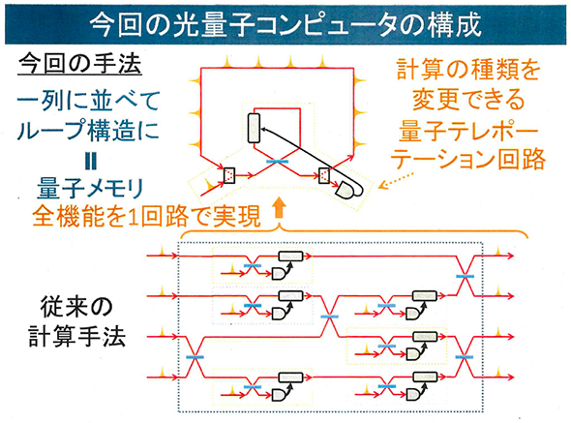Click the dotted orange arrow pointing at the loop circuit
pyautogui.click(x=396, y=181)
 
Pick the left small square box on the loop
pyautogui.click(x=230, y=175)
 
